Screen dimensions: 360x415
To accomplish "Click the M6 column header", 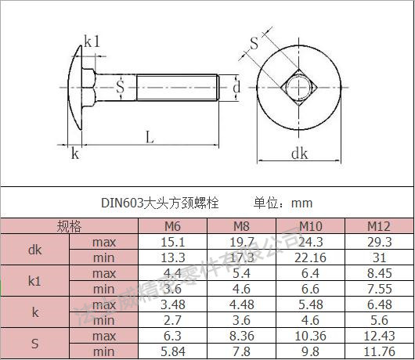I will pyautogui.click(x=173, y=227).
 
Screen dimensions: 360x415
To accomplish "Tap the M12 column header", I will pyautogui.click(x=380, y=227).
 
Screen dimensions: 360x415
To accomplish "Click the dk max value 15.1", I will pyautogui.click(x=173, y=242).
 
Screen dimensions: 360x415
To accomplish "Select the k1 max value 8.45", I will pyautogui.click(x=380, y=273).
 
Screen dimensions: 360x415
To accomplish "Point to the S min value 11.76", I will pyautogui.click(x=380, y=352).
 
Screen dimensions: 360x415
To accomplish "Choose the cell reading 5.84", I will pyautogui.click(x=173, y=352).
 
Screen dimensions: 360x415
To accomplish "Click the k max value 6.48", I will pyautogui.click(x=380, y=304).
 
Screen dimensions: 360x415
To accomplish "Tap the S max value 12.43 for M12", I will pyautogui.click(x=380, y=337).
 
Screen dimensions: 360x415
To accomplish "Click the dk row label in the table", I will pyautogui.click(x=35, y=250).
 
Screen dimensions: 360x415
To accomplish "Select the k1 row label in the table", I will pyautogui.click(x=35, y=281).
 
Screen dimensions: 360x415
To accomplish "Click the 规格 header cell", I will pyautogui.click(x=69, y=227).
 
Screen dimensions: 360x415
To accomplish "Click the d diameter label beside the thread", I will pyautogui.click(x=236, y=88).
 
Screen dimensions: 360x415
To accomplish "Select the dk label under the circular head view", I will pyautogui.click(x=299, y=154).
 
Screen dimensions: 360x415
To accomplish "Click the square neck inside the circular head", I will pyautogui.click(x=298, y=87).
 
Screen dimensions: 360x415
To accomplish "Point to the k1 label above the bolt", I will pyautogui.click(x=92, y=41).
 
